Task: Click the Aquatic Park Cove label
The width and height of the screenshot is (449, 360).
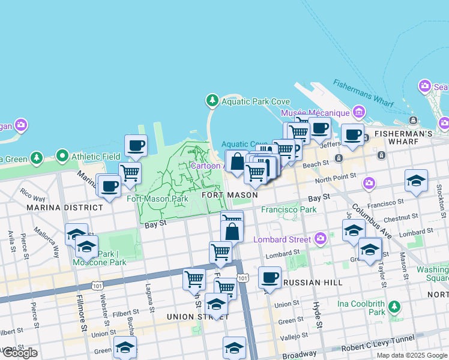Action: point(247,101)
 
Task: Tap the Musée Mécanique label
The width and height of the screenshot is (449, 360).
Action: point(315,113)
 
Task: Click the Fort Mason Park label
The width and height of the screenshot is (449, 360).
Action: point(158,199)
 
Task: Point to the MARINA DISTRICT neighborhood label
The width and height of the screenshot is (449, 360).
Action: point(64,208)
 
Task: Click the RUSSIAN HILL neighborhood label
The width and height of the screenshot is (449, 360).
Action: point(313,283)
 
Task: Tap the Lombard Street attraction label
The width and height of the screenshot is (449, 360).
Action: point(282,239)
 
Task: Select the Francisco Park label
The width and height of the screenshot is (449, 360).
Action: point(288,210)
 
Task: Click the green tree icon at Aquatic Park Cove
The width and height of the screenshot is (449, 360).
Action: point(211,100)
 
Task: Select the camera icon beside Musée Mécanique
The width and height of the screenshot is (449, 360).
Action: point(359,112)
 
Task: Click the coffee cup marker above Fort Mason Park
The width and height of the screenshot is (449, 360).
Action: point(136,145)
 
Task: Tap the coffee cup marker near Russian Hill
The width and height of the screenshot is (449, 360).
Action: point(270,277)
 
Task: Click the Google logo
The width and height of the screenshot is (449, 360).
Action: point(20,353)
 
